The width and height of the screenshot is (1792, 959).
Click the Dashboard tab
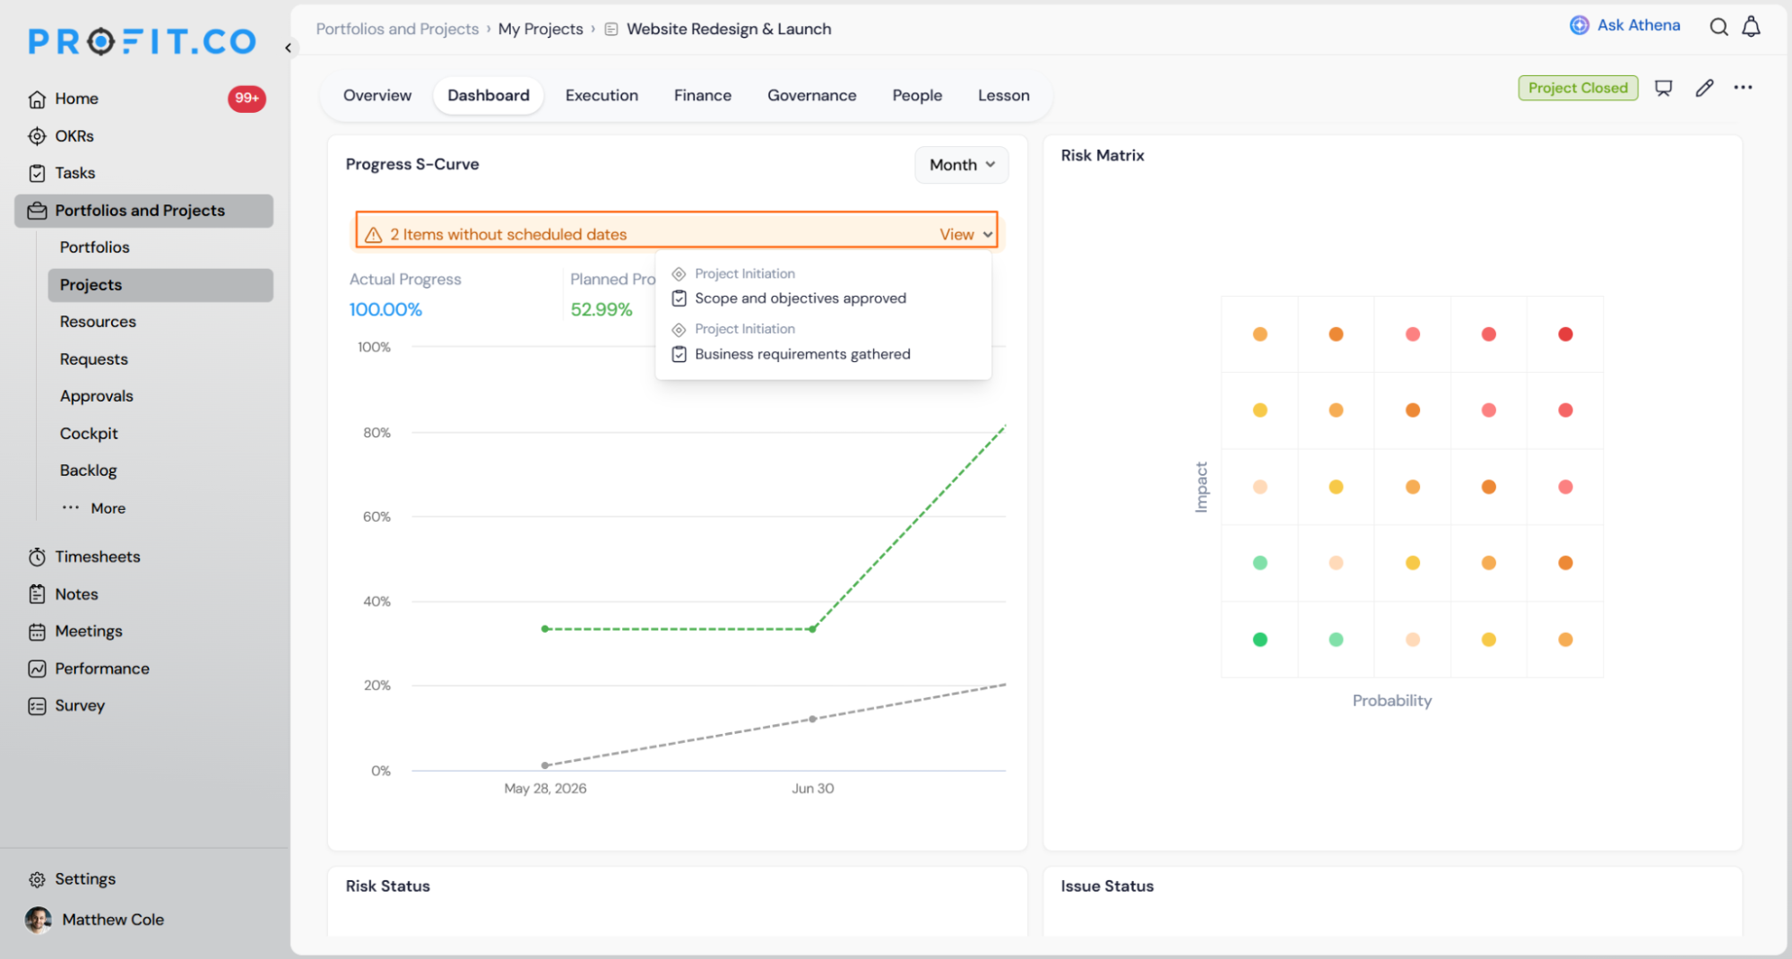click(489, 95)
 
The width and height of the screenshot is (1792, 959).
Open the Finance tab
click(702, 95)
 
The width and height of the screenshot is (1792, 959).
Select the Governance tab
click(811, 95)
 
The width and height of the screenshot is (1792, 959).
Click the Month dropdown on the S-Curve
click(962, 165)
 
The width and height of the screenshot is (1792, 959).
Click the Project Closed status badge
click(1578, 88)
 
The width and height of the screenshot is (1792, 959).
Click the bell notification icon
click(1751, 27)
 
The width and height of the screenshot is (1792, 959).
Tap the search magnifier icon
click(1718, 27)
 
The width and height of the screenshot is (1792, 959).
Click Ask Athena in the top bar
click(1625, 25)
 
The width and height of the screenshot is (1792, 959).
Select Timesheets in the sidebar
click(98, 557)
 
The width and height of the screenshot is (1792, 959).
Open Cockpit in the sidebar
click(89, 433)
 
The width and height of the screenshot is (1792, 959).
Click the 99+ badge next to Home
click(247, 98)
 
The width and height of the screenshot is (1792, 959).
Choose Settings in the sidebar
click(85, 879)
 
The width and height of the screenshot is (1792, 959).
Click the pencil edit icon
click(1704, 88)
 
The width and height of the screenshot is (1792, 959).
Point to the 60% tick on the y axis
click(377, 516)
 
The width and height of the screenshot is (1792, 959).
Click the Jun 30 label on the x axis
click(812, 789)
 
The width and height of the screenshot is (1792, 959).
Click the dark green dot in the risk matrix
click(1260, 639)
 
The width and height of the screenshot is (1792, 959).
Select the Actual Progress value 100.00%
click(385, 309)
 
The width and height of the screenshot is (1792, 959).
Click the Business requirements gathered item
click(802, 354)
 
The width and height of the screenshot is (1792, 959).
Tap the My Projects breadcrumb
click(541, 29)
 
